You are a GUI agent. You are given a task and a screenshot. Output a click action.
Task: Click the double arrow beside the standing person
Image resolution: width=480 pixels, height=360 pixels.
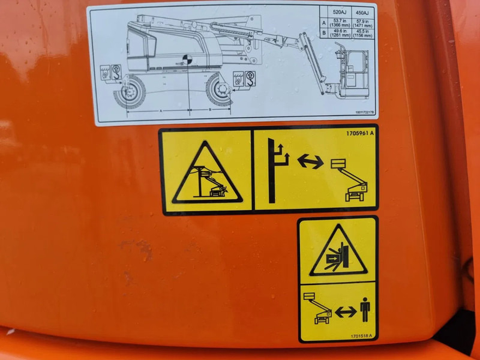click(x=346, y=312)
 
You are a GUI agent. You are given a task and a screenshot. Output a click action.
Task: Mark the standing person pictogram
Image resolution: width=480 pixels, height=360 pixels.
click(x=365, y=310)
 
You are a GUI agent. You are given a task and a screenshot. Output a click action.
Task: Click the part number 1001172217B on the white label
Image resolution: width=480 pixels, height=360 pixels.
click(x=364, y=112)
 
